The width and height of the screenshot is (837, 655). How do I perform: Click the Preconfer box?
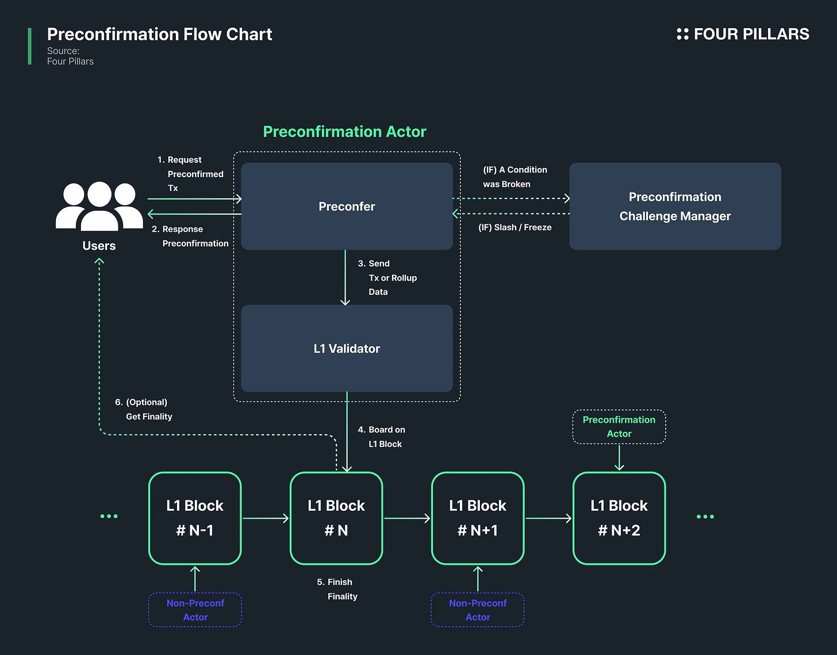click(347, 206)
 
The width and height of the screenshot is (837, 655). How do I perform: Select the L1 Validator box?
click(347, 348)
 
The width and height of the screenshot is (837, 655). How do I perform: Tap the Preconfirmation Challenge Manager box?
click(675, 206)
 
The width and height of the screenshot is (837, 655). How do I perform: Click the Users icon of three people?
click(99, 206)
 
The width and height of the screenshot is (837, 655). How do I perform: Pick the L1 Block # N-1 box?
click(195, 518)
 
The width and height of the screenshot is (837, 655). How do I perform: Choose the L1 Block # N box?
click(336, 518)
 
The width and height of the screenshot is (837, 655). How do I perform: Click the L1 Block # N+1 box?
click(478, 518)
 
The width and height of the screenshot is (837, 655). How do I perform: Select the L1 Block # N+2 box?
click(619, 518)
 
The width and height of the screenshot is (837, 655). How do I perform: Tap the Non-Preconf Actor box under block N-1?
click(195, 610)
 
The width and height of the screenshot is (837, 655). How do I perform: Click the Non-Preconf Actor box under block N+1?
click(478, 610)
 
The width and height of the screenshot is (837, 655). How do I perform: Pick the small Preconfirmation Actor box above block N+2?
click(619, 427)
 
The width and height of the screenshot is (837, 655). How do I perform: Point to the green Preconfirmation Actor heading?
click(344, 132)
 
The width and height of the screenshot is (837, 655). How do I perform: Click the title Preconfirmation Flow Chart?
click(159, 35)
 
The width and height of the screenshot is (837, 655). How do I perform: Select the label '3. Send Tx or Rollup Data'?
click(387, 278)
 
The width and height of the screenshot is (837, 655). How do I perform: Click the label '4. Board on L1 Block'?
click(382, 436)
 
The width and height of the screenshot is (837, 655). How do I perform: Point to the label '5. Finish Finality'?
click(337, 589)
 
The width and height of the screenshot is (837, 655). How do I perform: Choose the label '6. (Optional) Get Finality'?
click(144, 409)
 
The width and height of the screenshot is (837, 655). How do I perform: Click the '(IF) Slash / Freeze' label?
click(515, 227)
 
